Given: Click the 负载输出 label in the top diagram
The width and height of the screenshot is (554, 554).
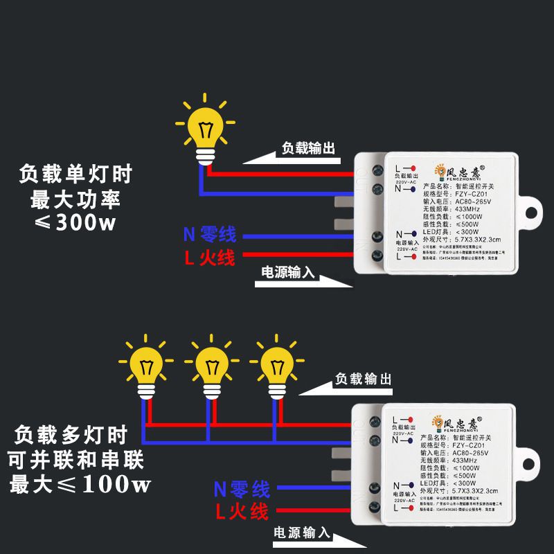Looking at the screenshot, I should click(x=308, y=148).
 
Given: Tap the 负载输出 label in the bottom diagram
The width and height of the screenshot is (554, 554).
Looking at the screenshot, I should click(x=364, y=379).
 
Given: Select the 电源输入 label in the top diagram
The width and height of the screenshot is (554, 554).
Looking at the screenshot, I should click(x=287, y=272).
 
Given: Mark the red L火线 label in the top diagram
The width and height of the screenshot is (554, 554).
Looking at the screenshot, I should click(x=209, y=258).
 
